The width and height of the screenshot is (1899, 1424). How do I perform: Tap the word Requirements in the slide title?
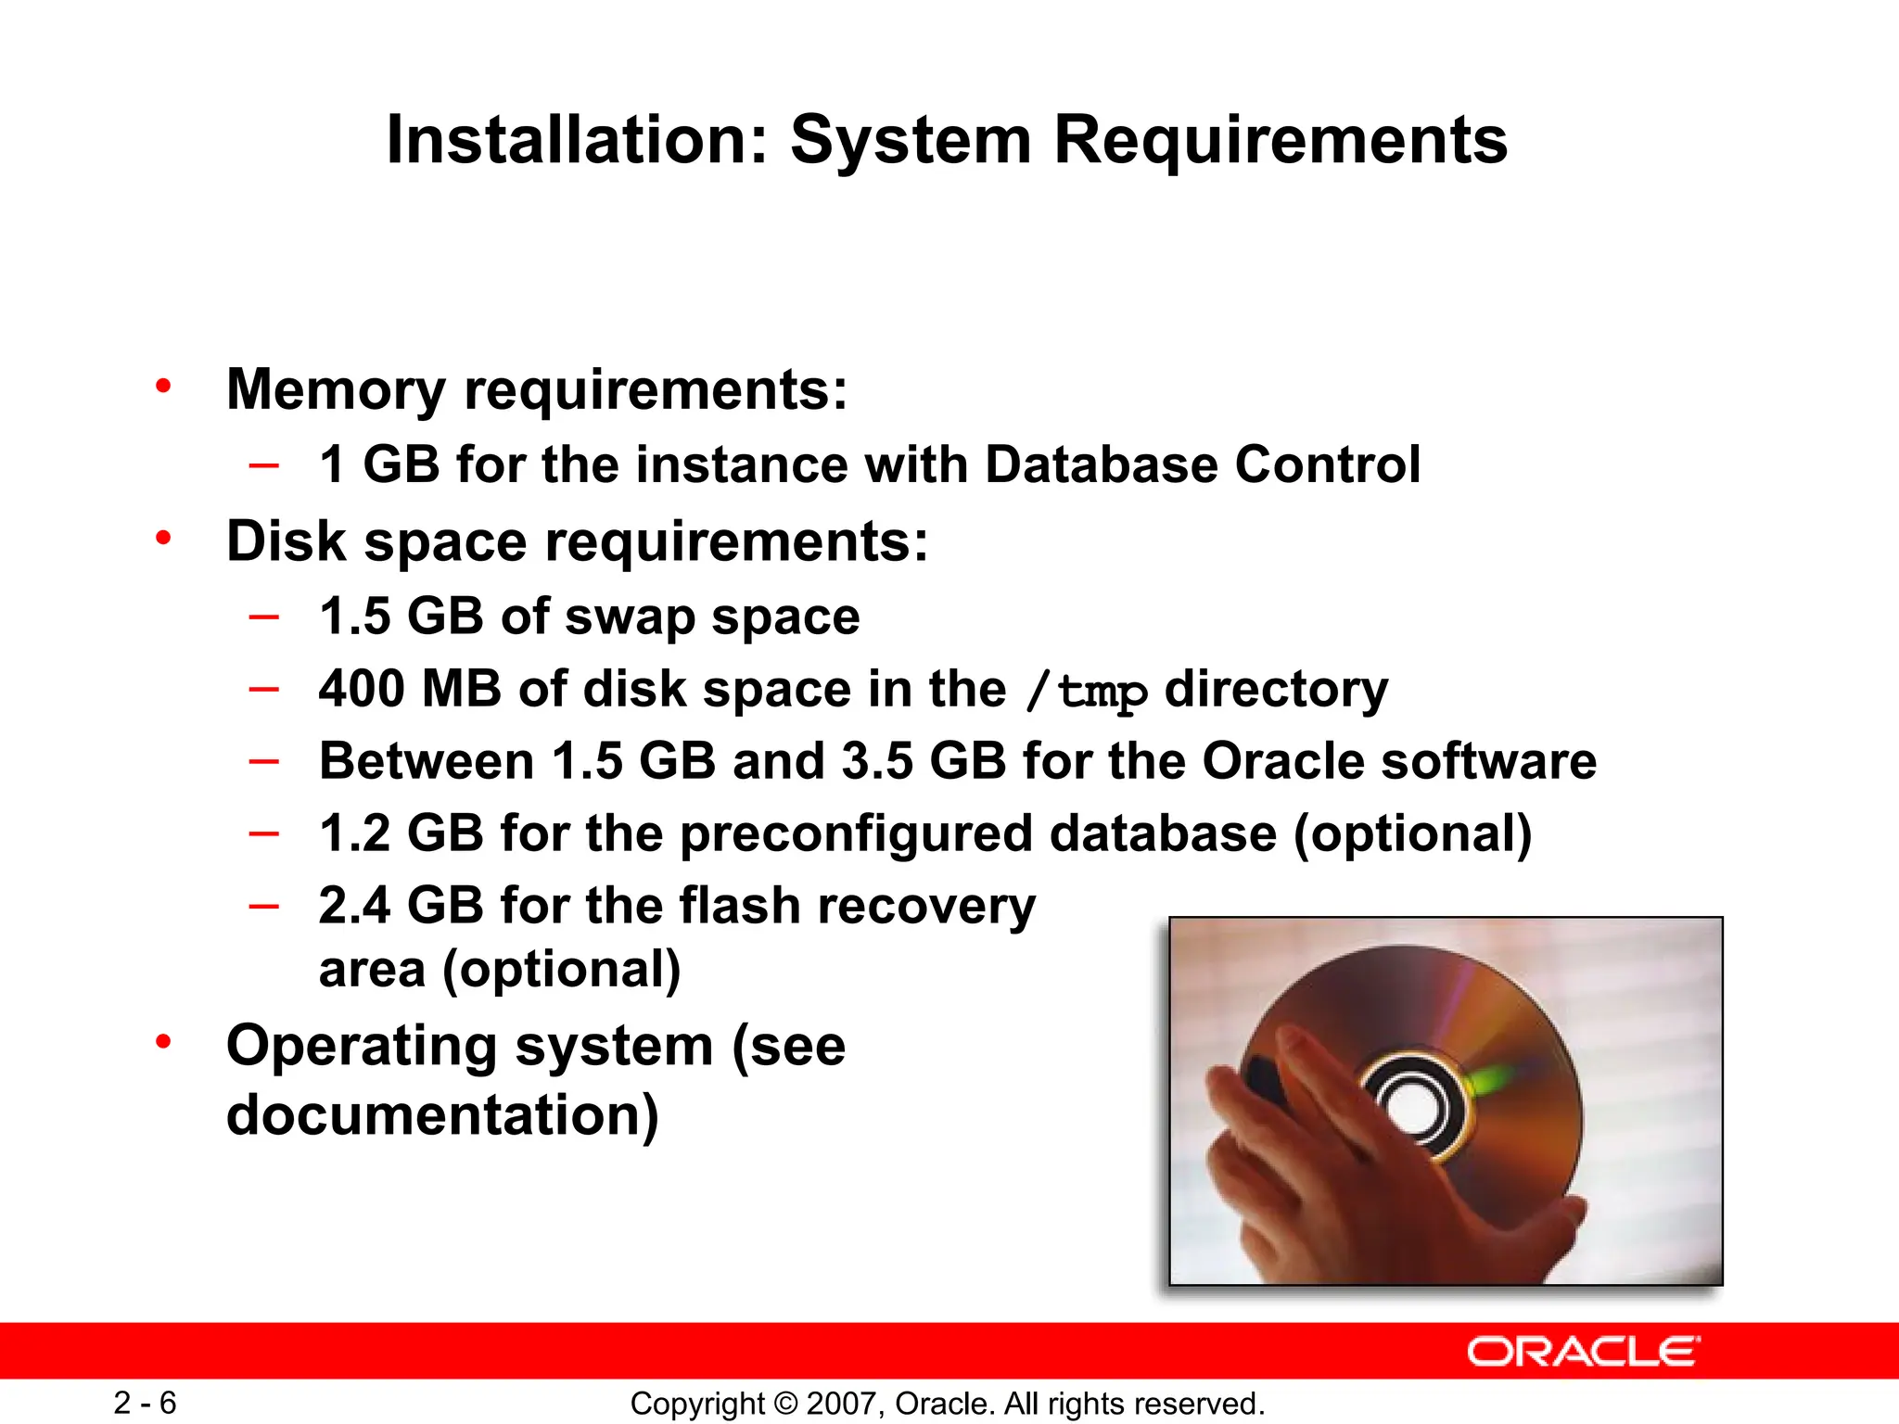pyautogui.click(x=1281, y=140)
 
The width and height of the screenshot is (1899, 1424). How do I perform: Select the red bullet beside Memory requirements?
pyautogui.click(x=164, y=386)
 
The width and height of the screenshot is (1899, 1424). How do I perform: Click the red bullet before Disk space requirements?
pyautogui.click(x=164, y=538)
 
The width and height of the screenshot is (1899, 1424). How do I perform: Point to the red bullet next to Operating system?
pyautogui.click(x=164, y=1042)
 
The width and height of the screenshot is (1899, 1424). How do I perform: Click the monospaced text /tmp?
pyautogui.click(x=1086, y=692)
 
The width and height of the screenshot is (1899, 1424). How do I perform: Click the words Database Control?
pyautogui.click(x=1202, y=464)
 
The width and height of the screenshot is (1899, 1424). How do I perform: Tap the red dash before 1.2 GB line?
pyautogui.click(x=264, y=833)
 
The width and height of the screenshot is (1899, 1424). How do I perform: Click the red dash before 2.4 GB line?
pyautogui.click(x=264, y=905)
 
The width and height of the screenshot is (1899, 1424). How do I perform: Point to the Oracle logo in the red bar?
pyautogui.click(x=1583, y=1352)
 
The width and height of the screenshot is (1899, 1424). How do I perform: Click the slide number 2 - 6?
pyautogui.click(x=145, y=1403)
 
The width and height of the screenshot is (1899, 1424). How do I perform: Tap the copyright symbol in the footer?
pyautogui.click(x=785, y=1404)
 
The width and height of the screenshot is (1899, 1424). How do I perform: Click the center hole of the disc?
pyautogui.click(x=1413, y=1109)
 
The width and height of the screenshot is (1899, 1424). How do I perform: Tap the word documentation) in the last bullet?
pyautogui.click(x=442, y=1115)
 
